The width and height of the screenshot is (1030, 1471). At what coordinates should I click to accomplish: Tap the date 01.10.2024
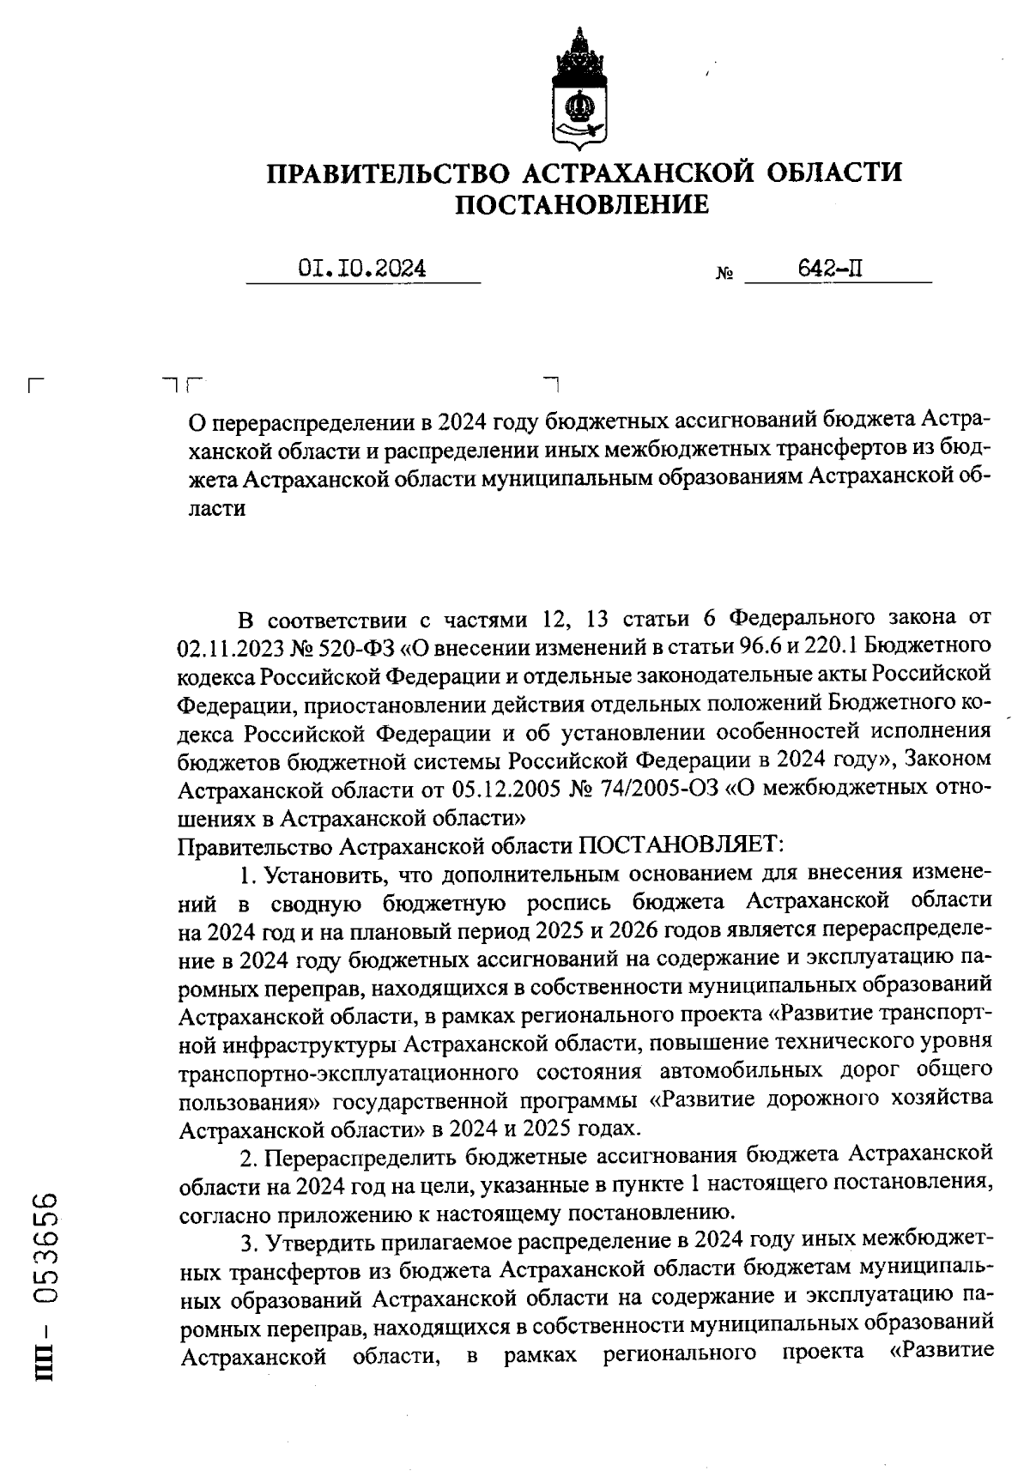362,269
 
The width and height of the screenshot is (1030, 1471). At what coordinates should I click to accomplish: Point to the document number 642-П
830,269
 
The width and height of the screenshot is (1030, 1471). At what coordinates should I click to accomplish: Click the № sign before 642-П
724,275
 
